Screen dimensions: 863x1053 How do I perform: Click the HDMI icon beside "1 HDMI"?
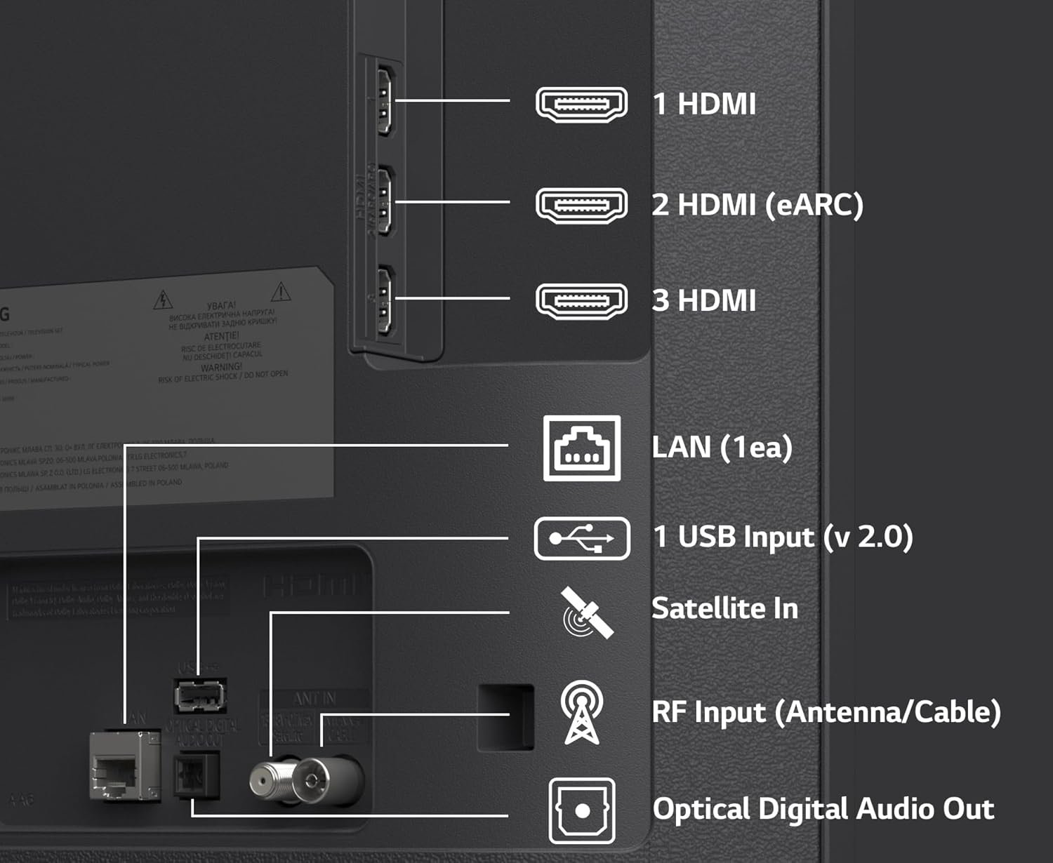[581, 105]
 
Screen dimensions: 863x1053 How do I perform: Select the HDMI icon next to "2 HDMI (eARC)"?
[581, 206]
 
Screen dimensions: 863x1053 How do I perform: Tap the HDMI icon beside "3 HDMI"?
[581, 301]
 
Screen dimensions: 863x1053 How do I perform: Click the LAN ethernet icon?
[581, 448]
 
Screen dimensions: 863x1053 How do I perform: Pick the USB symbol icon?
[581, 539]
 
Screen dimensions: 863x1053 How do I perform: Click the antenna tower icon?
[581, 712]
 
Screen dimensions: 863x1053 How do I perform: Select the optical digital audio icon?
[581, 810]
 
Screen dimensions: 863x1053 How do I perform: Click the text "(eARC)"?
[814, 206]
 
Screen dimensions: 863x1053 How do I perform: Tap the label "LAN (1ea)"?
[722, 448]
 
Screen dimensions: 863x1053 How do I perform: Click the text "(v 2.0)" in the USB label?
[868, 537]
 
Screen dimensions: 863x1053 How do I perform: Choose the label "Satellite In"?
[724, 608]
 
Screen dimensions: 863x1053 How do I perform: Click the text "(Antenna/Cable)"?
[887, 712]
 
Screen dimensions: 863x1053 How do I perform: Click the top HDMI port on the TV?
[384, 100]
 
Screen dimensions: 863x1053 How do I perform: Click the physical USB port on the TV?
[200, 696]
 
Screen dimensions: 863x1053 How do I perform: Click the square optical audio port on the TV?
[197, 775]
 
